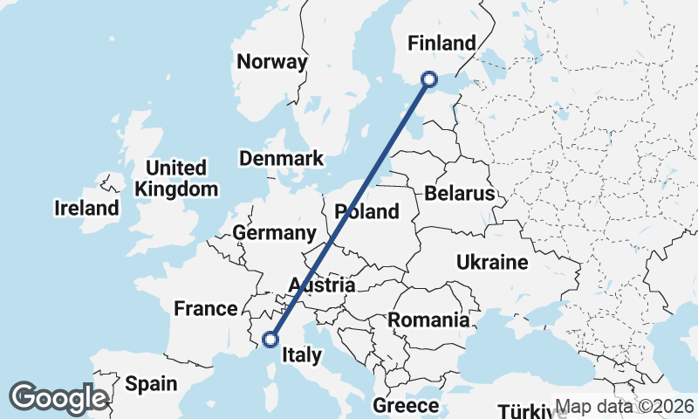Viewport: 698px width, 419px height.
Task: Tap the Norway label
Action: click(x=272, y=62)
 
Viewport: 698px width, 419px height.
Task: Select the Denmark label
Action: click(x=281, y=159)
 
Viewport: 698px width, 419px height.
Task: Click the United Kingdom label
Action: click(x=176, y=178)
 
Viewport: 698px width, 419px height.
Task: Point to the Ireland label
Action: click(x=86, y=209)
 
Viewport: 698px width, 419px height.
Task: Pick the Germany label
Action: click(x=274, y=233)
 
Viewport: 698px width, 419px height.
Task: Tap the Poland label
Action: click(x=366, y=211)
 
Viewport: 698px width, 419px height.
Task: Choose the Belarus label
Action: click(x=459, y=194)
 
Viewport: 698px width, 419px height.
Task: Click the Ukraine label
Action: click(x=492, y=262)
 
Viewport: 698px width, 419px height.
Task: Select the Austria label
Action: click(x=322, y=285)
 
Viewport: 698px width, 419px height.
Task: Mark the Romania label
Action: click(x=428, y=320)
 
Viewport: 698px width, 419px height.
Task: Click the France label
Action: click(x=205, y=308)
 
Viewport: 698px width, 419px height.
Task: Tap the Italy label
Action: click(x=302, y=355)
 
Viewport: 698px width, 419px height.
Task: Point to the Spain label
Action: click(x=150, y=383)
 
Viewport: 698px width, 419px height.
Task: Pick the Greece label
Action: click(x=406, y=406)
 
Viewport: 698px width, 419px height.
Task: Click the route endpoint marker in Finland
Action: click(x=429, y=79)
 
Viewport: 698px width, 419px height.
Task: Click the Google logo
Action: click(x=58, y=398)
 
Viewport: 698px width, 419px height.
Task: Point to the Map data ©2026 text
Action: click(x=625, y=406)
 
